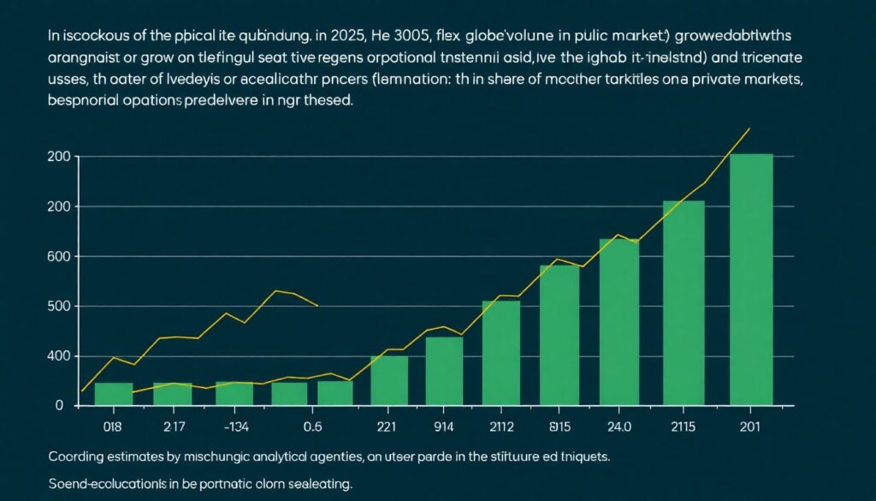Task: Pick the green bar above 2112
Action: click(x=501, y=351)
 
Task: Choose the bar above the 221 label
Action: click(x=389, y=379)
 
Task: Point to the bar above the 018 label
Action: click(x=113, y=393)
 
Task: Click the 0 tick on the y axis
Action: click(x=60, y=406)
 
